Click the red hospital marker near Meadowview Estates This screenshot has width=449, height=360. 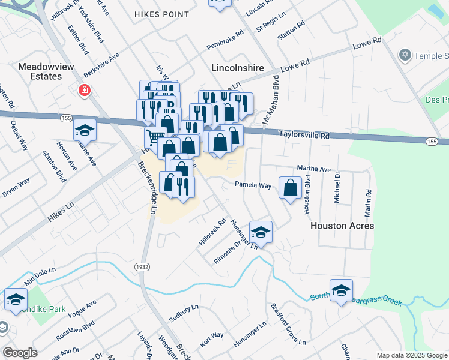pos(85,91)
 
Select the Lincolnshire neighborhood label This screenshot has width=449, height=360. pos(238,68)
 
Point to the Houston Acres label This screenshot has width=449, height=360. pos(342,226)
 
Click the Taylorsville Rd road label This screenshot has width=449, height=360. pos(305,136)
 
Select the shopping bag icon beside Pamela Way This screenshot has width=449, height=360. pos(291,188)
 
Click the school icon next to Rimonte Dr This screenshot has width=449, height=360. pos(261,232)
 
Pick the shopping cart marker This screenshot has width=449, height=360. pos(155,137)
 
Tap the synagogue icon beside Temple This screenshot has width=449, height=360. pos(404,55)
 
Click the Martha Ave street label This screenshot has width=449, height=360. pos(314,169)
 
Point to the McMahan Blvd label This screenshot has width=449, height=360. pos(271,99)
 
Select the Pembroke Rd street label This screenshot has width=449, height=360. pos(224,40)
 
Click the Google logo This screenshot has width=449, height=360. pos(20,353)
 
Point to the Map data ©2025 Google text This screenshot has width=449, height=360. pos(411,355)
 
